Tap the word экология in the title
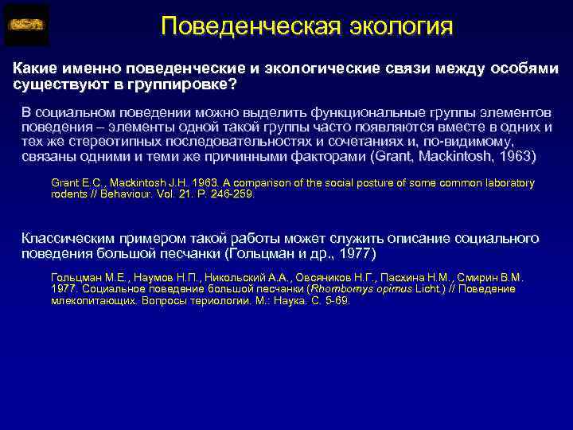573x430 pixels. pos(401,25)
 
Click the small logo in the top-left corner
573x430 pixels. pos(26,25)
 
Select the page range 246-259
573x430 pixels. pos(233,193)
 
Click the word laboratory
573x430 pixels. pos(508,183)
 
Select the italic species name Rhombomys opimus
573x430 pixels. pos(357,289)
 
